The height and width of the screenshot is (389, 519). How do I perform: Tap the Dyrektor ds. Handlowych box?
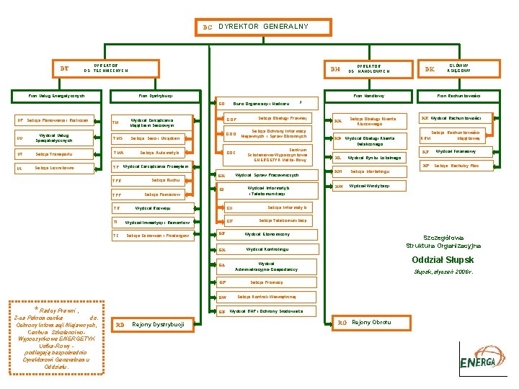tap(368, 68)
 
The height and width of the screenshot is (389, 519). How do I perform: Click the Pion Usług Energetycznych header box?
tap(58, 96)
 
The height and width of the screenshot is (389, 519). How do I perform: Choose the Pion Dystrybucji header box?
tap(155, 96)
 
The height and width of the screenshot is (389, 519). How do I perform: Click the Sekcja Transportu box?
tap(55, 153)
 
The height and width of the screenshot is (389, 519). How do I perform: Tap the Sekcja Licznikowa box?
tap(55, 168)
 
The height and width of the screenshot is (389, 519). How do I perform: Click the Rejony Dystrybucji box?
tap(151, 325)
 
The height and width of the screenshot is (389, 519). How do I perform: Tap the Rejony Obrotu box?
tap(371, 322)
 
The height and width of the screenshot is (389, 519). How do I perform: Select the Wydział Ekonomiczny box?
tap(267, 234)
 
